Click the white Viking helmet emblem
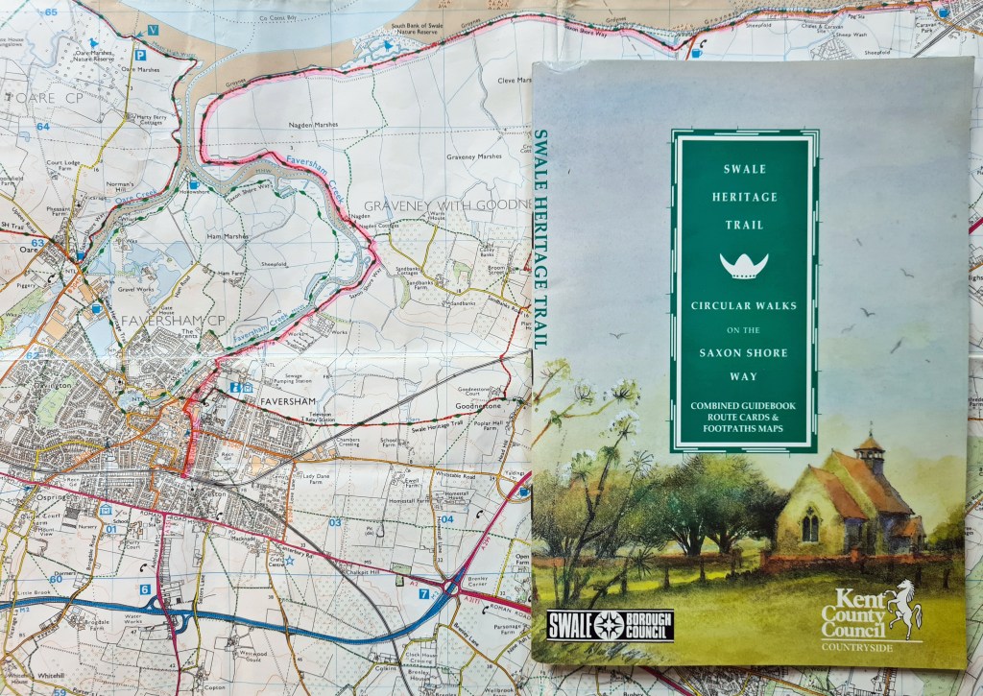point(744,266)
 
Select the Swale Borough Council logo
point(610,625)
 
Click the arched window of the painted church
point(810,524)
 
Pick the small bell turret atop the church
point(870,452)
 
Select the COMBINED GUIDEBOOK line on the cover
point(744,406)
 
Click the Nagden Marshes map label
point(314,125)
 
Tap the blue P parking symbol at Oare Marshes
point(140,58)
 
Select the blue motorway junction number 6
point(145,589)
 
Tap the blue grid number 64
point(42,127)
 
